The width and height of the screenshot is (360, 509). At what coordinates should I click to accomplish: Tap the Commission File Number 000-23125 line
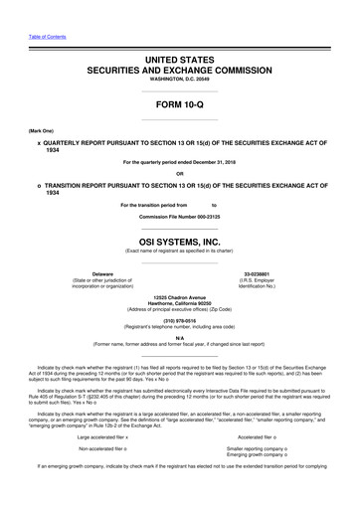(179, 216)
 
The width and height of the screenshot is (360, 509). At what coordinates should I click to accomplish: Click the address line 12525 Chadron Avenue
(179, 297)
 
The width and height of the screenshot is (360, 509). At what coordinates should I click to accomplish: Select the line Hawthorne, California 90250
(179, 304)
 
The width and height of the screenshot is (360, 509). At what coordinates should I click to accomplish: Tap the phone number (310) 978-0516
(179, 321)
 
